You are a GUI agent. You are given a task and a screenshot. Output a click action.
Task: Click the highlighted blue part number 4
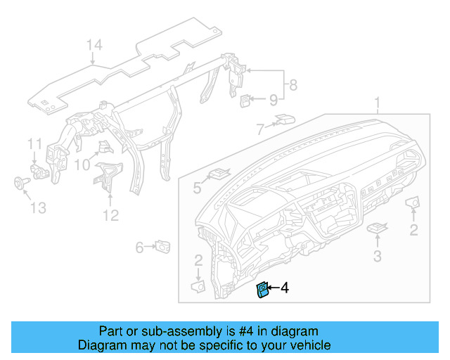point(263,290)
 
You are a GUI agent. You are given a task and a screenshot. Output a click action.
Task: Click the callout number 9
point(273,101)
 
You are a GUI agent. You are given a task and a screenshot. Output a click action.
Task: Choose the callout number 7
point(259,129)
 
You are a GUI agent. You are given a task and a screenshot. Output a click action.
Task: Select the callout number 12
point(110,215)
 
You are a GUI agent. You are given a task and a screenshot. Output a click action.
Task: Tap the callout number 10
point(82,165)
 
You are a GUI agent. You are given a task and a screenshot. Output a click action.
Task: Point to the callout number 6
point(139,247)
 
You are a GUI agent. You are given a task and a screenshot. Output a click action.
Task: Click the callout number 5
point(197,188)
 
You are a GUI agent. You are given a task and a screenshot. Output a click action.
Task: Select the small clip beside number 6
point(165,245)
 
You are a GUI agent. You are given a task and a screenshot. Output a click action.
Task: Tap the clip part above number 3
point(378,229)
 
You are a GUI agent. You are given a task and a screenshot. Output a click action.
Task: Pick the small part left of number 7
point(285,118)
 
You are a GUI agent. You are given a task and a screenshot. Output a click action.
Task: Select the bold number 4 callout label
point(284,288)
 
